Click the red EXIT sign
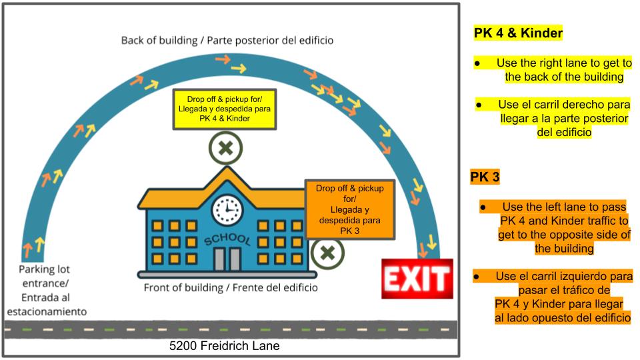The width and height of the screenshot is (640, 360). click(x=417, y=279)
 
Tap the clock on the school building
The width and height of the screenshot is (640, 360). click(x=227, y=210)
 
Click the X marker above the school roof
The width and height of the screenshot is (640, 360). click(x=226, y=148)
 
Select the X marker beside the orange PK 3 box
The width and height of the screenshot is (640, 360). click(x=327, y=253)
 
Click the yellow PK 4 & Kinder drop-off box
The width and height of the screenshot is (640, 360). click(x=225, y=109)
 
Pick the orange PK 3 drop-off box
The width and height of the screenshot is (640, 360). click(x=350, y=209)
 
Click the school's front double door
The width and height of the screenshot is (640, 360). click(x=227, y=259)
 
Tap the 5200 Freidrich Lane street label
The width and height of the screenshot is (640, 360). click(x=225, y=346)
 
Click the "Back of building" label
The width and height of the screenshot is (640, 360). click(x=159, y=41)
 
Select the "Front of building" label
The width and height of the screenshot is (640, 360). click(x=183, y=288)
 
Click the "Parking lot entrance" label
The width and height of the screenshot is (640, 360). click(x=45, y=276)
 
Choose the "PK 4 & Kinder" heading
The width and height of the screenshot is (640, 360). click(x=518, y=33)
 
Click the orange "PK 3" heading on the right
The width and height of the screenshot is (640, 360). click(x=485, y=177)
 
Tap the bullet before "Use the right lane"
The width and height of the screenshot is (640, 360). click(x=477, y=64)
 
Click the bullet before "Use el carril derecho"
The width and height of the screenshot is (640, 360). click(x=479, y=105)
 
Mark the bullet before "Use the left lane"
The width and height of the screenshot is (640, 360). click(x=483, y=207)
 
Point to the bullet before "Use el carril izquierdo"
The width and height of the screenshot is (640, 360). click(x=476, y=277)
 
